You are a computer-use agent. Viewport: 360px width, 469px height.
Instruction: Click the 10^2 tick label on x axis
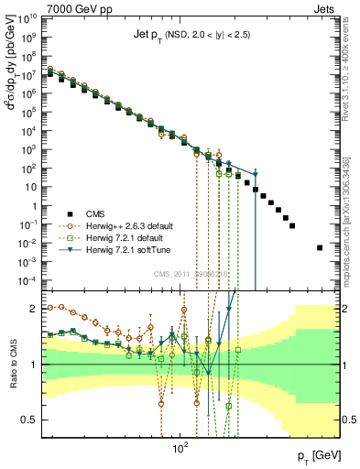pyautogui.click(x=180, y=448)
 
